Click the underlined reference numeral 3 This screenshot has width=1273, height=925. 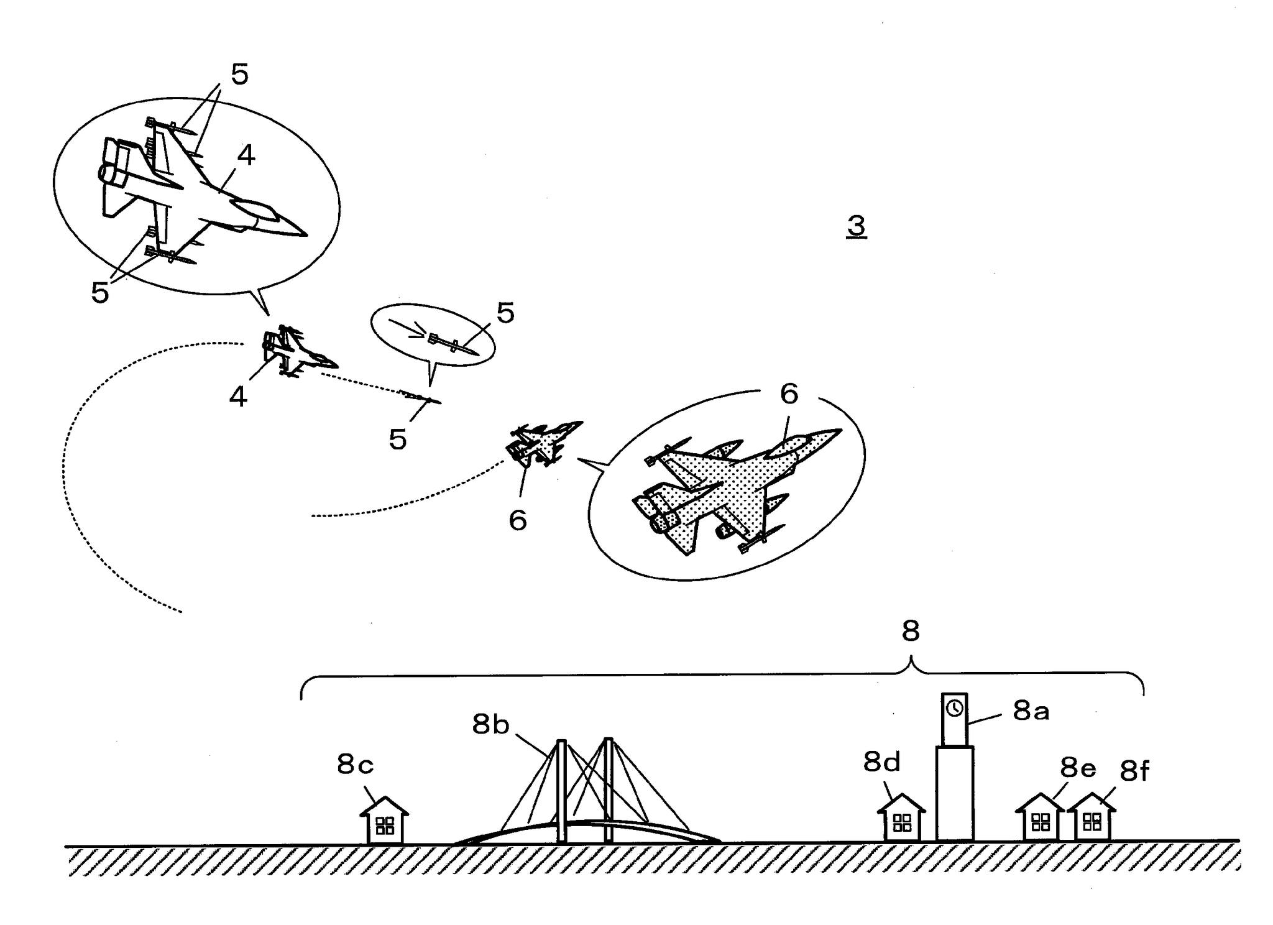(x=857, y=226)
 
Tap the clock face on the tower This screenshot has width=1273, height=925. (x=955, y=707)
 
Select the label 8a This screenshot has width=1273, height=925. (x=1031, y=711)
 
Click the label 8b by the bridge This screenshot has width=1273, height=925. (x=490, y=724)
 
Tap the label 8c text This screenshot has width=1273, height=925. (x=355, y=765)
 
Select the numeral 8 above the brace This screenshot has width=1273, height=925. (x=910, y=632)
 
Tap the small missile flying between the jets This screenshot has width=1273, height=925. (x=420, y=397)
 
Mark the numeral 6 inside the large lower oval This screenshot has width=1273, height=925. (x=789, y=394)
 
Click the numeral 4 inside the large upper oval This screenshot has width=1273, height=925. (x=246, y=155)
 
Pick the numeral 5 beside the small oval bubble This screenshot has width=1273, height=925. (x=505, y=313)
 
